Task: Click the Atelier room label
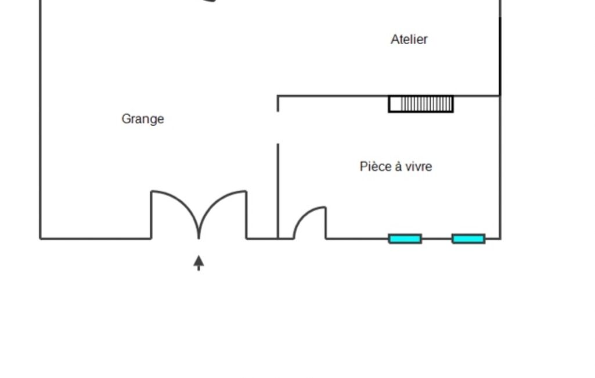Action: (x=409, y=40)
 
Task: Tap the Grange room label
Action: (x=143, y=119)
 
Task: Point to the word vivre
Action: (x=419, y=166)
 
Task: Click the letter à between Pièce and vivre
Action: (x=398, y=166)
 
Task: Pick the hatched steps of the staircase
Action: (x=427, y=104)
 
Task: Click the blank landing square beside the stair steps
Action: (x=395, y=104)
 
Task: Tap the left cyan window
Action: (x=405, y=239)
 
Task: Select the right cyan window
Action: (x=468, y=239)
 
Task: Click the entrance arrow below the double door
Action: (x=199, y=263)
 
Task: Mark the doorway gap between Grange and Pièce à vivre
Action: (x=278, y=128)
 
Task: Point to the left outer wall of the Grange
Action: (x=41, y=119)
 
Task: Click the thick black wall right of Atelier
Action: (x=500, y=56)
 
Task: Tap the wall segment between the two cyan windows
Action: (x=437, y=239)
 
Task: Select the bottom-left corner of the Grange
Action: (x=41, y=239)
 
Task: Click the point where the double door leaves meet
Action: (x=199, y=238)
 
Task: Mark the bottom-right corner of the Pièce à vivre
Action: (x=500, y=239)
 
